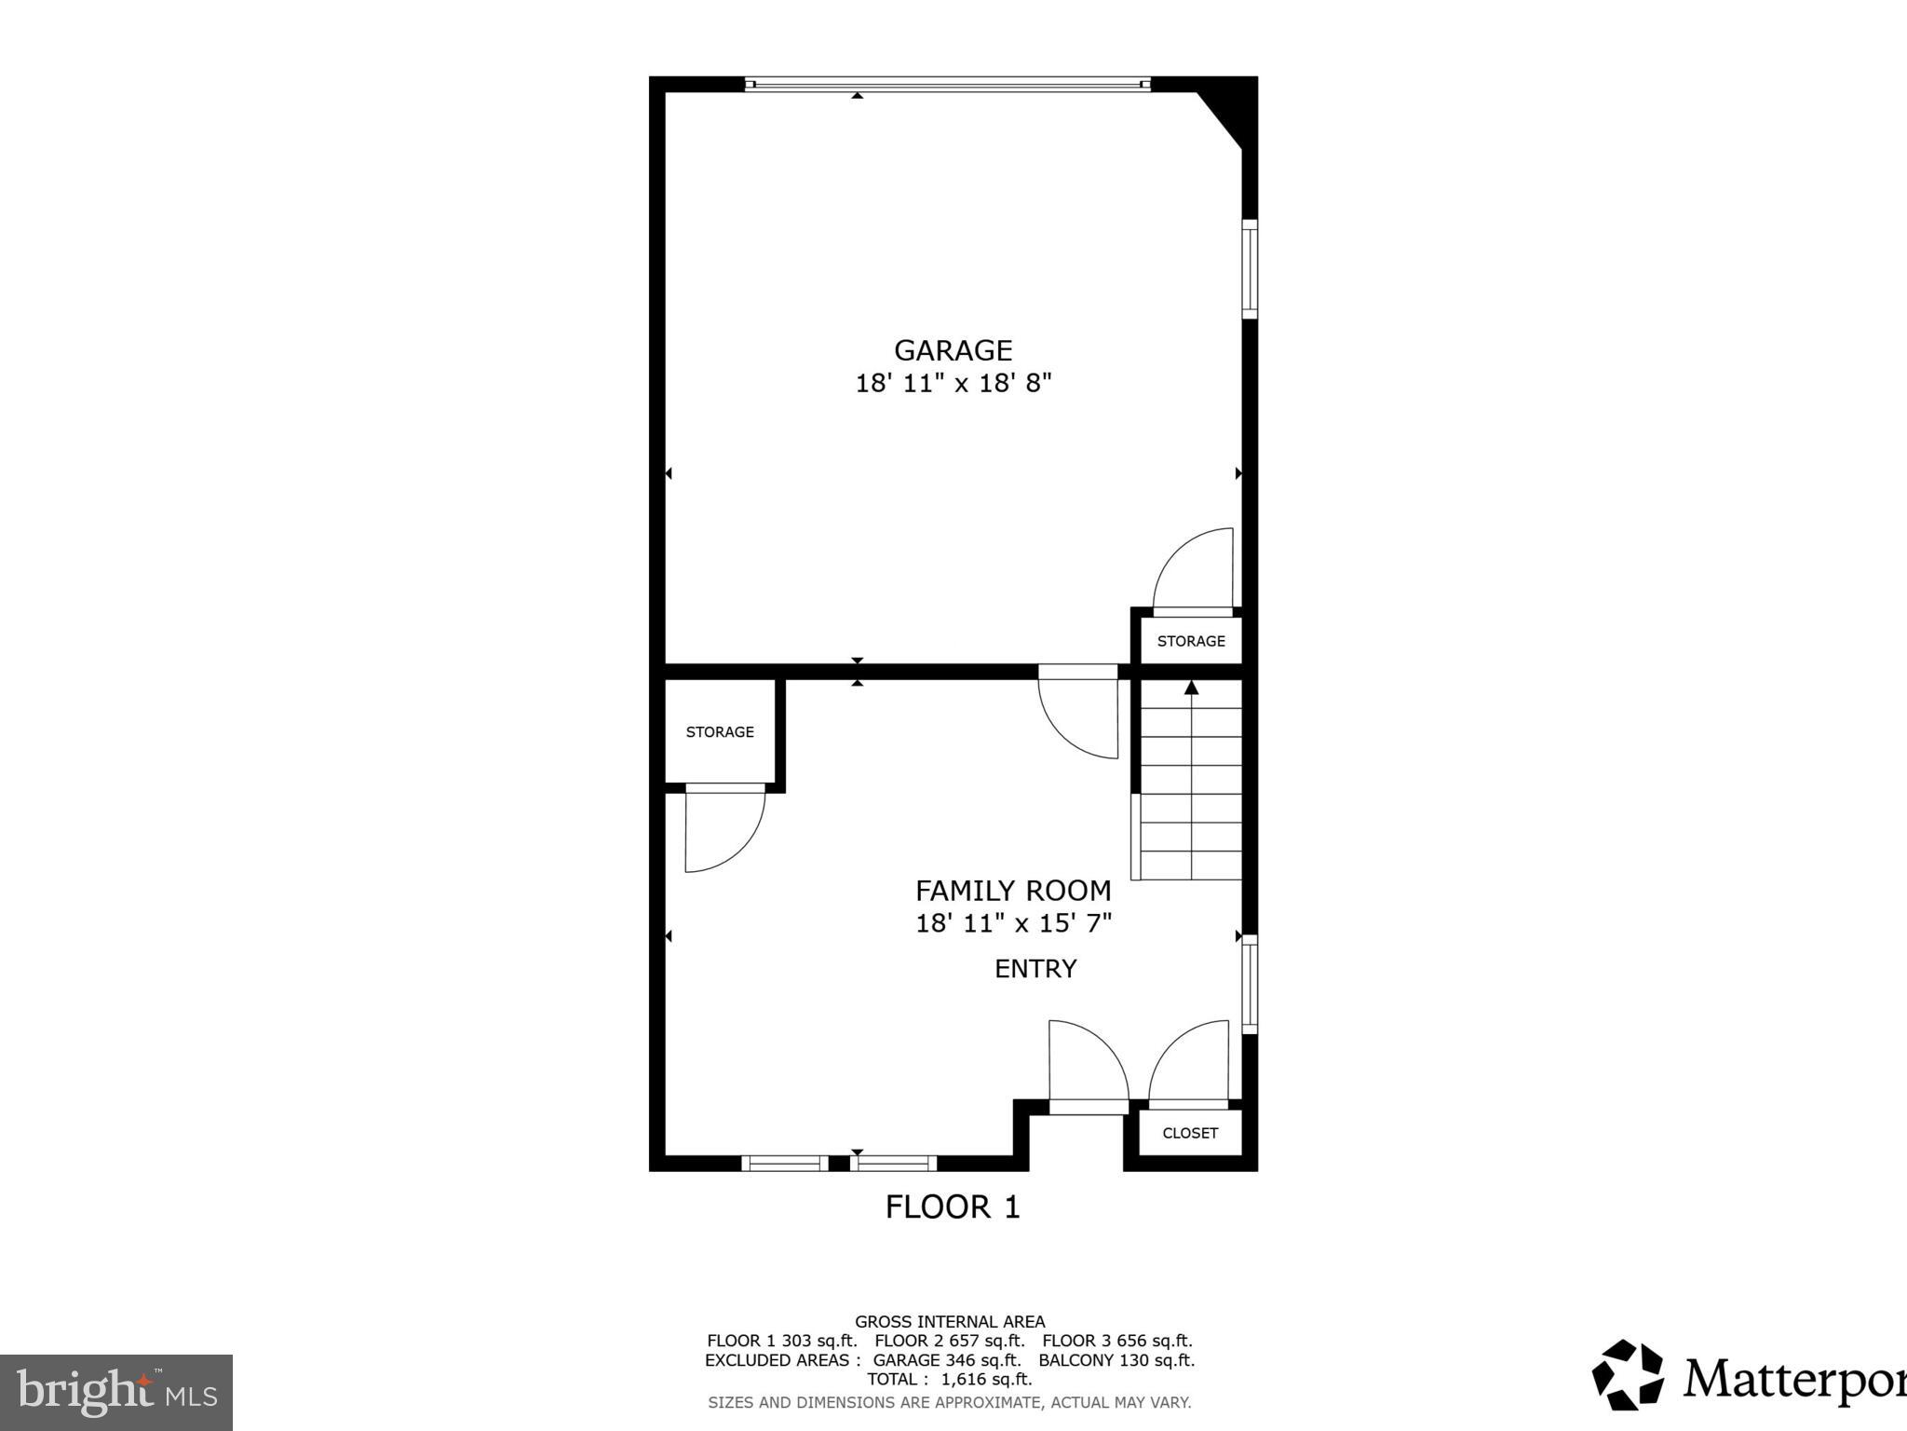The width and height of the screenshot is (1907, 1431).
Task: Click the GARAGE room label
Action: [x=953, y=350]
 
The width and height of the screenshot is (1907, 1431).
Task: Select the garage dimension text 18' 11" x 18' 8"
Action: [x=953, y=383]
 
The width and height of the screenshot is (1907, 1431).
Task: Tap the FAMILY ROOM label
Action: [x=1013, y=891]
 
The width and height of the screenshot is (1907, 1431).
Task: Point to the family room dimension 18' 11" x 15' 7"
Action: [x=1013, y=924]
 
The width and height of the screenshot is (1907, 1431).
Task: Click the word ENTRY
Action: [x=1035, y=969]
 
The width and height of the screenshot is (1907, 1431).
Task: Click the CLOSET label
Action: [x=1190, y=1133]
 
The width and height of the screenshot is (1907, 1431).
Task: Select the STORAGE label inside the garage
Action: [x=1191, y=641]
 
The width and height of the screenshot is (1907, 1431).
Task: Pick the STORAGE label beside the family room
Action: [x=720, y=732]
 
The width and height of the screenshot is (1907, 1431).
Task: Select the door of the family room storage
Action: [x=722, y=829]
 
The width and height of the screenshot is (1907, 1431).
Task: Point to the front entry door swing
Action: [x=1085, y=1062]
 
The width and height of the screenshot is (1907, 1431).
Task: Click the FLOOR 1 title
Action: [x=953, y=1207]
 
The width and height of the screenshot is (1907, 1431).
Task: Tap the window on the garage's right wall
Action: [x=1250, y=269]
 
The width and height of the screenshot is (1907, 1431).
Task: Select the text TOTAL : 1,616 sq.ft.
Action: [x=950, y=1379]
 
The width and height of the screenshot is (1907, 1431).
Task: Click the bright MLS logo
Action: [x=116, y=1393]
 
